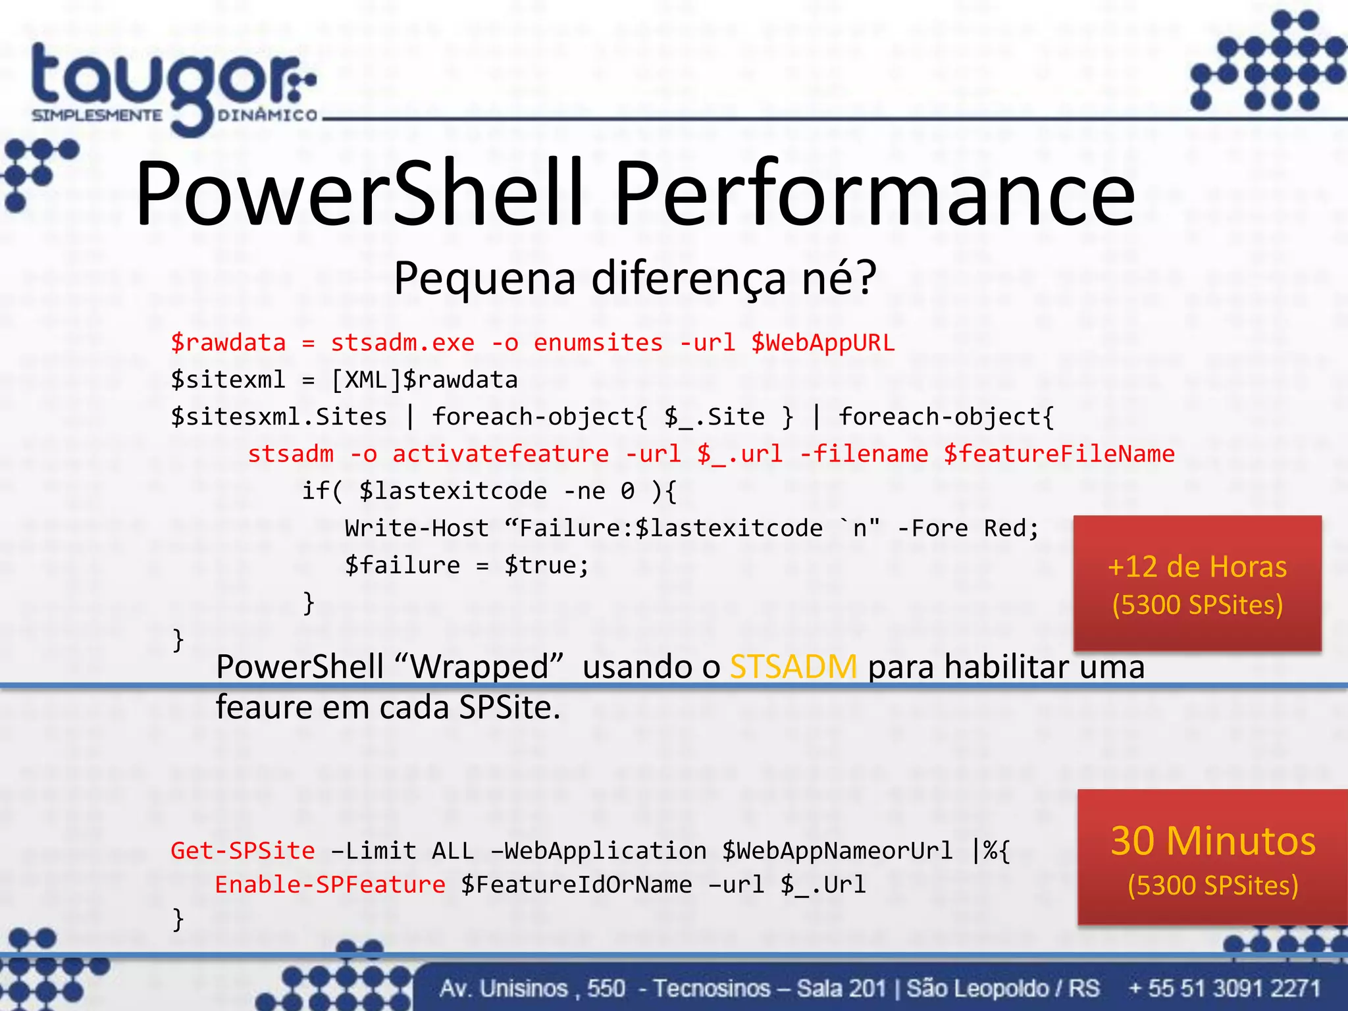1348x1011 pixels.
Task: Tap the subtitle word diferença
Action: coord(688,278)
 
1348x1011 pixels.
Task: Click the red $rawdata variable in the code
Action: coord(228,343)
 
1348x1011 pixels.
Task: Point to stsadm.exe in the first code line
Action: coord(402,343)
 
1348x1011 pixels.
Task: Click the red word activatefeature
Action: coord(500,454)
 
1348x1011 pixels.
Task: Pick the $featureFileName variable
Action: coord(1059,454)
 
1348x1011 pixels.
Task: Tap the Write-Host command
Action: coord(417,529)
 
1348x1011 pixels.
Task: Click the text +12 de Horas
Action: coord(1197,567)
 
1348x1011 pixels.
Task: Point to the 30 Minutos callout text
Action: coord(1213,841)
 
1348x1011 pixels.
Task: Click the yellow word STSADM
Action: coord(793,667)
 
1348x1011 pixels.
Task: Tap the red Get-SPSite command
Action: coord(242,850)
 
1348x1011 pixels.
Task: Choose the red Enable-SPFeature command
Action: coord(330,885)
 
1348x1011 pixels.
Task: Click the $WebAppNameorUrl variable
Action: coord(837,850)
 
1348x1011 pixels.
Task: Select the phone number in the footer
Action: coord(1224,988)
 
